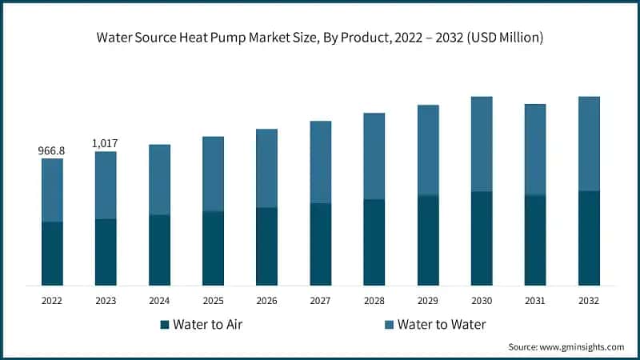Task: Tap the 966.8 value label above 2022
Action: tap(52, 150)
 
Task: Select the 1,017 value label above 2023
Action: tap(106, 143)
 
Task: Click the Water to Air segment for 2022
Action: tap(52, 253)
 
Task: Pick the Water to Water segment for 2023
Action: tap(106, 185)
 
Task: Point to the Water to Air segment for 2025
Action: tap(213, 248)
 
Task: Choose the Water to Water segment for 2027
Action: tap(320, 162)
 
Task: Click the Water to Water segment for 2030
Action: tap(481, 144)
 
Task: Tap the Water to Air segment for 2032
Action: tap(589, 238)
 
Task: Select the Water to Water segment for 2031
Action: tap(534, 150)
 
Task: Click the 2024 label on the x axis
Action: tap(159, 301)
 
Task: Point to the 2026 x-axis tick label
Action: tap(266, 301)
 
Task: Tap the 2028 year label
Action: tap(374, 301)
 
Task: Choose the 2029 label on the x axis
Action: tap(427, 301)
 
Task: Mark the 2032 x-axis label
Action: tap(589, 301)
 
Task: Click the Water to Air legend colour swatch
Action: tap(165, 325)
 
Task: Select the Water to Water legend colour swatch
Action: tap(389, 325)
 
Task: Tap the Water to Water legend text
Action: tap(442, 325)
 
